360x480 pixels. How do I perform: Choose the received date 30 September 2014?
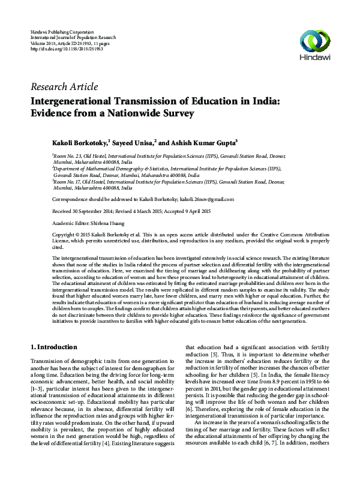90,211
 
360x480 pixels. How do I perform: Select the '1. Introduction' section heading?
62,347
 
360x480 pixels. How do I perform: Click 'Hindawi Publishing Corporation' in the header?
62,30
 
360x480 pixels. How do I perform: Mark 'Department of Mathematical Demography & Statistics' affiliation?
108,169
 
